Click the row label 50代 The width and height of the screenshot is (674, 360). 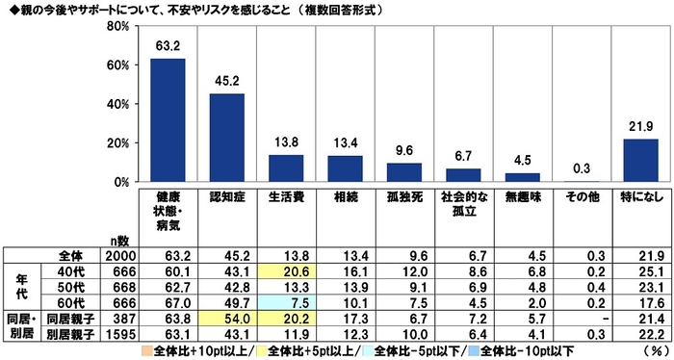[71, 286]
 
